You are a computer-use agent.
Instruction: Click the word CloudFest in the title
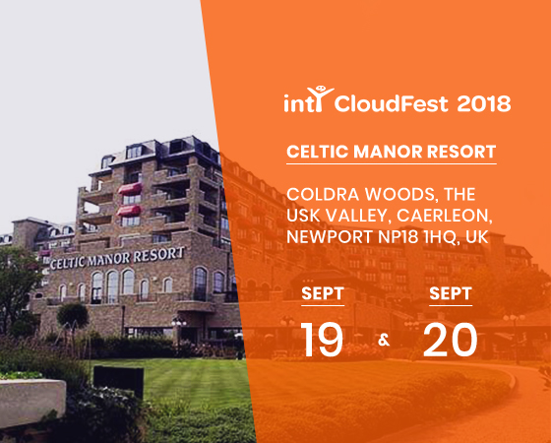[x=392, y=103]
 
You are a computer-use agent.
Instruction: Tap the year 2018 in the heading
[x=484, y=103]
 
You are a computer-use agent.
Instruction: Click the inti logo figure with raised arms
[x=319, y=98]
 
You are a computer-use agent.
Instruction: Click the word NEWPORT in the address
[x=330, y=237]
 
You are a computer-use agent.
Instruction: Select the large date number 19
[x=323, y=340]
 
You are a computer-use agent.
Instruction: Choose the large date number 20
[x=451, y=340]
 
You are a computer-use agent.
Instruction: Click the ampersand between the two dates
[x=384, y=341]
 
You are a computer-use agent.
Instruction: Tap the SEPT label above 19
[x=323, y=293]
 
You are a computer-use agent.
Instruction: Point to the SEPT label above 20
[x=451, y=293]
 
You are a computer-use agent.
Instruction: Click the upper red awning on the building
[x=130, y=189]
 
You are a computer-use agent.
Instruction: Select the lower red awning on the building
[x=128, y=211]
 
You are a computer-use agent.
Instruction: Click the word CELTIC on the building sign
[x=67, y=263]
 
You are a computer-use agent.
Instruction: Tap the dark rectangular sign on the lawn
[x=118, y=381]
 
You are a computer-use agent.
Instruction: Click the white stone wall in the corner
[x=31, y=402]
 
